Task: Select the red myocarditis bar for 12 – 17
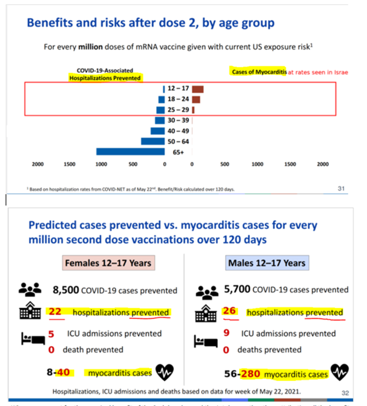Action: tap(198, 89)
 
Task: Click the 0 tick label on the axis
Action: tap(164, 164)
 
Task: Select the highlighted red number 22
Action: tap(55, 312)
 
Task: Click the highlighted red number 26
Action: tap(229, 312)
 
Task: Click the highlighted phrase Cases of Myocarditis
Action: tap(259, 72)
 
